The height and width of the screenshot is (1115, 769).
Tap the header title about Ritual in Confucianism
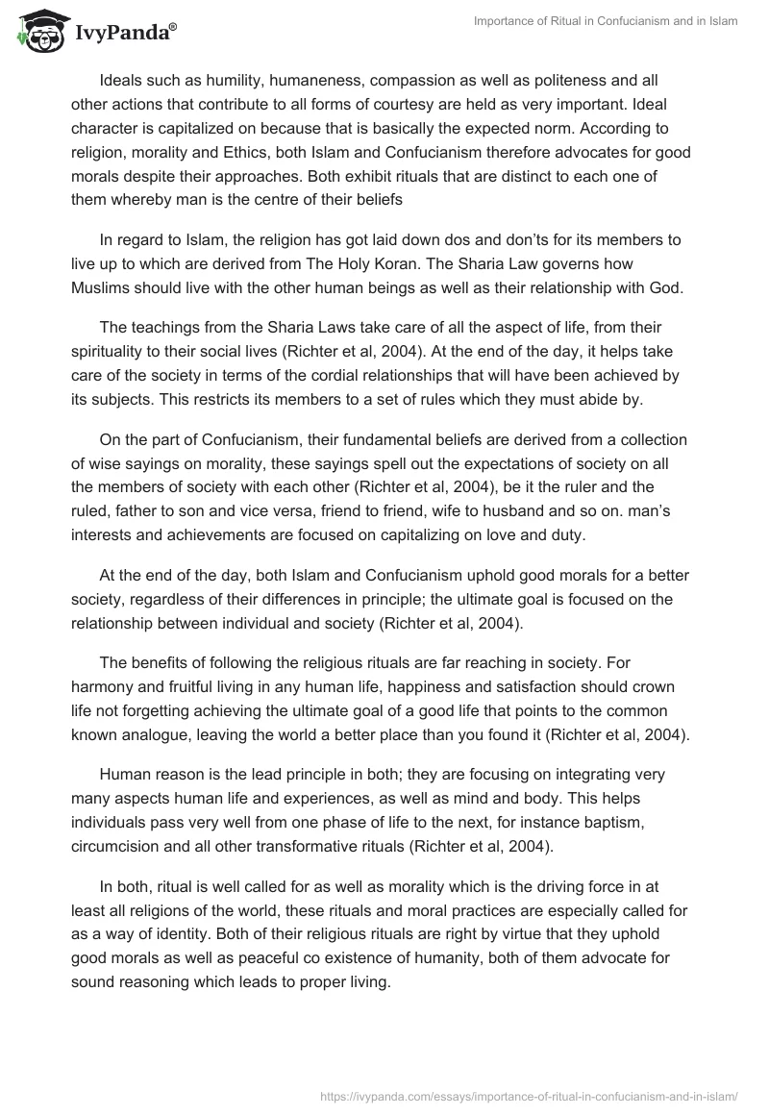tap(606, 21)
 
